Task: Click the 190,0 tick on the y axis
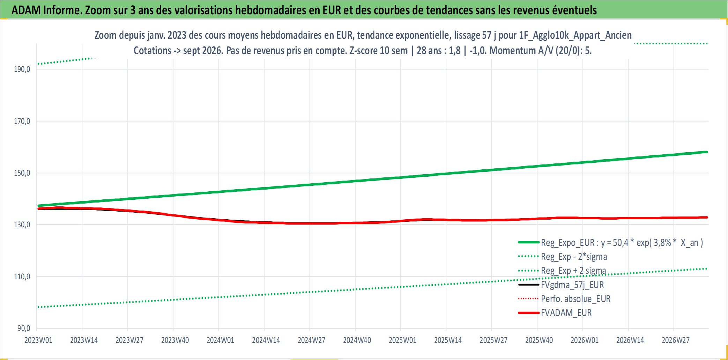pos(22,69)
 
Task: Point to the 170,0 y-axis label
pos(22,121)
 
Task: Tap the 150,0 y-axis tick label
pos(22,173)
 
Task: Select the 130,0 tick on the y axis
pos(22,225)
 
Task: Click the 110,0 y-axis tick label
pos(22,277)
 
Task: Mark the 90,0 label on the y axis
pos(24,328)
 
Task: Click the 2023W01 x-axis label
pos(38,340)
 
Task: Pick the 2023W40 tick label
pos(175,340)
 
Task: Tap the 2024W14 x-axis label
pos(266,340)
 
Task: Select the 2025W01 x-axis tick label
pos(402,340)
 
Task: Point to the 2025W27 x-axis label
pos(493,340)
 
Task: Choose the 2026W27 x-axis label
pos(676,340)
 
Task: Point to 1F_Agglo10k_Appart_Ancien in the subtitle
pos(575,35)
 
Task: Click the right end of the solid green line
pos(707,152)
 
